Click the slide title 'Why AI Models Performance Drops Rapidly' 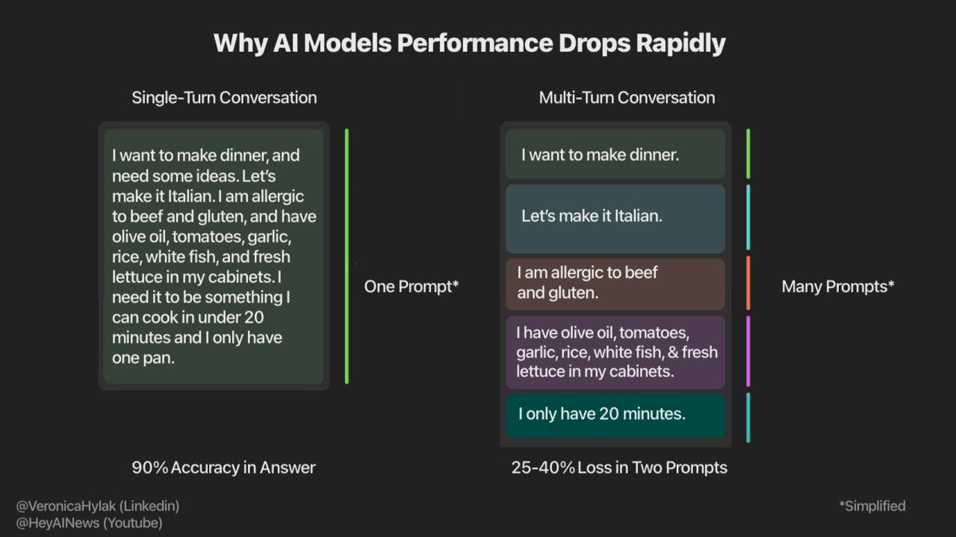pos(469,43)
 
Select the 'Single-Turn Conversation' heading pos(224,98)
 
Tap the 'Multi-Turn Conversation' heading pos(626,98)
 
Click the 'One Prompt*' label pos(411,286)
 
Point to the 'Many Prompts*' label pos(837,286)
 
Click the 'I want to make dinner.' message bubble pos(615,155)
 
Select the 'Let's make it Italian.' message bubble pos(615,217)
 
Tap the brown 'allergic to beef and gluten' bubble pos(615,283)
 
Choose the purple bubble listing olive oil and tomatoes pos(615,351)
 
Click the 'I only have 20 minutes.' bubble pos(615,414)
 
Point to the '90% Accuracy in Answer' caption pos(223,468)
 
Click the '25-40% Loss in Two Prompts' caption pos(619,468)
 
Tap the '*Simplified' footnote pos(872,506)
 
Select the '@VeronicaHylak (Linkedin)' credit pos(97,506)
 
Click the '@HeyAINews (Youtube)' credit pos(88,523)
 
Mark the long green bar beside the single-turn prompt pos(347,256)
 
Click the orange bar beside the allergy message pos(748,283)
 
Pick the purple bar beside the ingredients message pos(748,351)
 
